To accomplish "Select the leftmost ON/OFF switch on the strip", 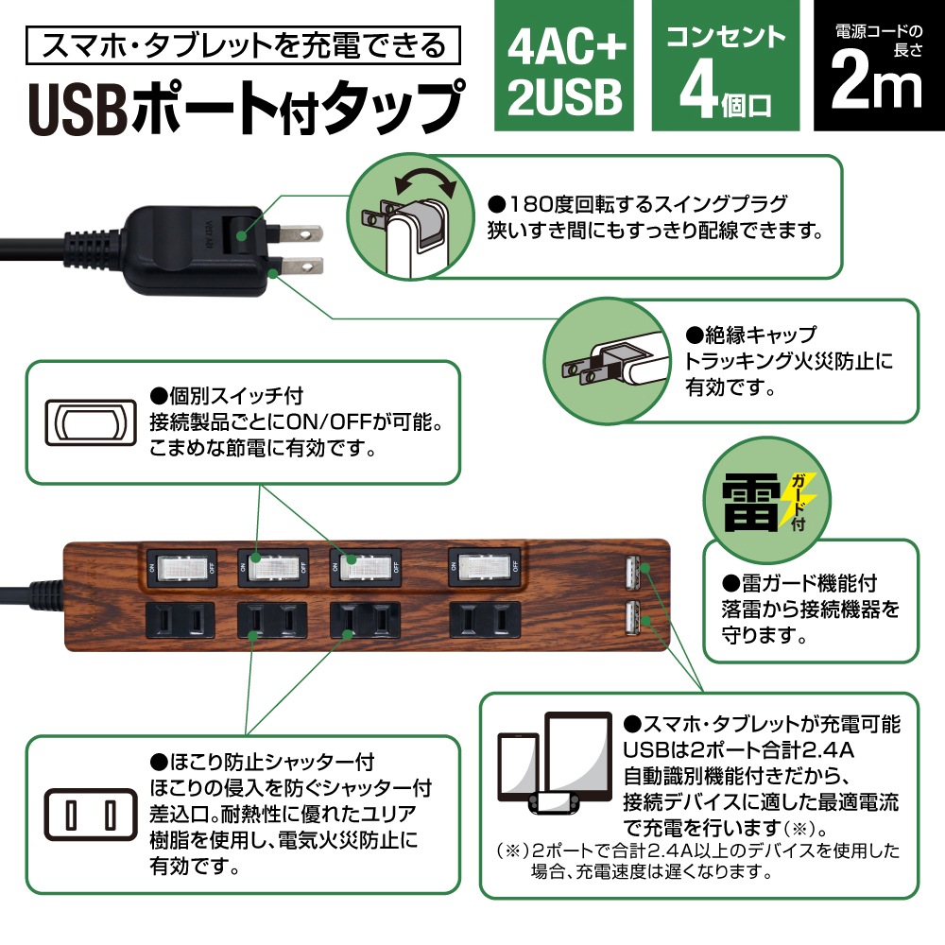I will pos(180,567).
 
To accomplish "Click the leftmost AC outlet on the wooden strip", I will pos(180,620).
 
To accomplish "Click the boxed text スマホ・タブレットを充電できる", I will pos(246,44).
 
